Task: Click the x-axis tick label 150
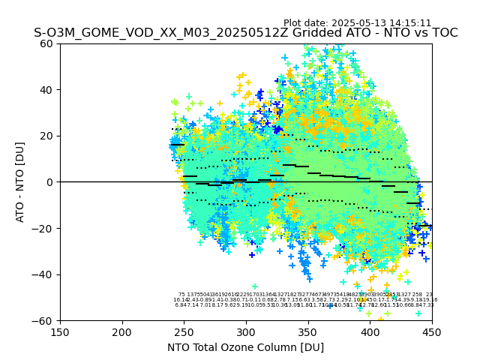(60, 332)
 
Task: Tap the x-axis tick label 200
(122, 332)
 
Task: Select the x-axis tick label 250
(184, 332)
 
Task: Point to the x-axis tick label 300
(246, 332)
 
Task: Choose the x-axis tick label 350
(308, 332)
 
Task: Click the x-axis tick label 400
(370, 332)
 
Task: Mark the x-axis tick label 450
(432, 332)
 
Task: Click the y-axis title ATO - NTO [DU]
(21, 182)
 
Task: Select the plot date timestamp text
(357, 23)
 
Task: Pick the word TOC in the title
(443, 34)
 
